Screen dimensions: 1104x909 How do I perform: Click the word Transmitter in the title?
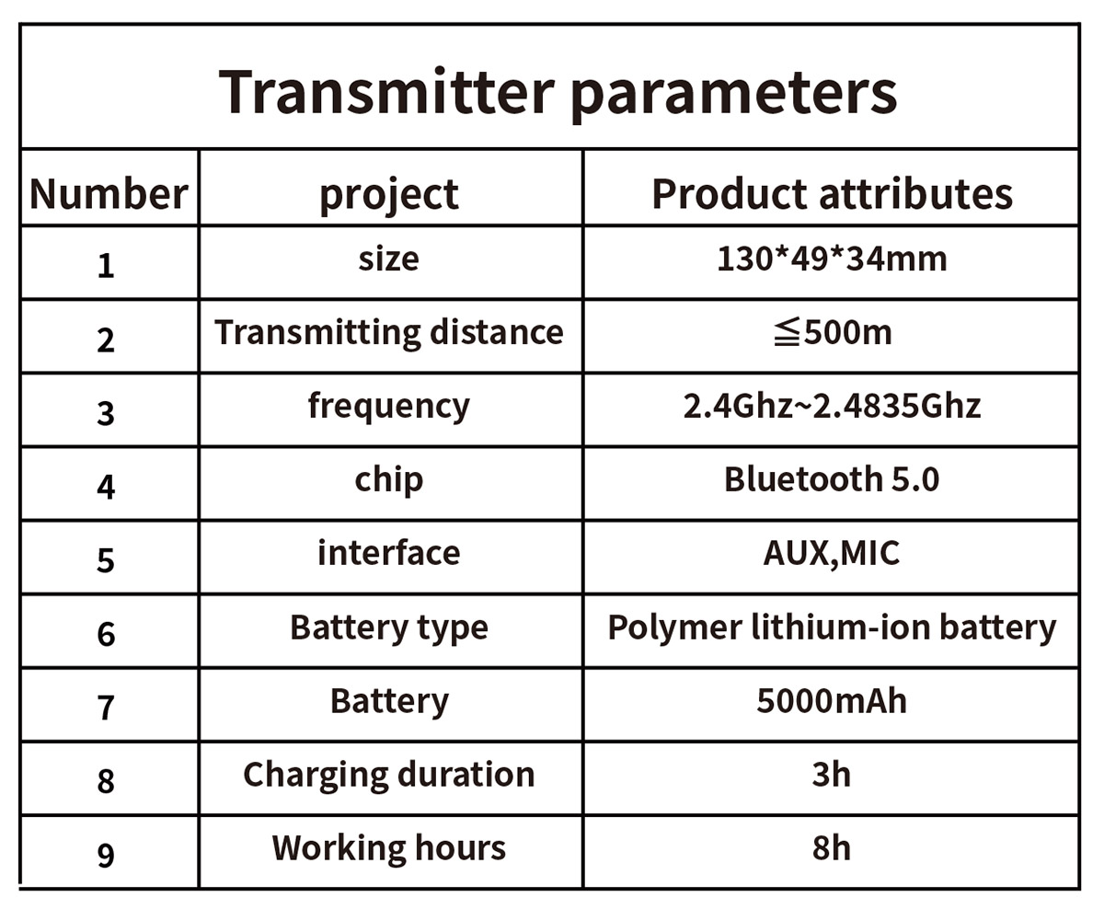(385, 91)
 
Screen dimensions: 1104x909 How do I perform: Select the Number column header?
(109, 194)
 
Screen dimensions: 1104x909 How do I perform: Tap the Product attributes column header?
(832, 194)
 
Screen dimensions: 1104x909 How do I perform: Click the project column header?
(389, 196)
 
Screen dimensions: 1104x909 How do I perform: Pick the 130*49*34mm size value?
(832, 259)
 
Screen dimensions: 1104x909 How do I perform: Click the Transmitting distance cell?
(389, 332)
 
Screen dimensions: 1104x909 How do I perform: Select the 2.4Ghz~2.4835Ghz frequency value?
(832, 406)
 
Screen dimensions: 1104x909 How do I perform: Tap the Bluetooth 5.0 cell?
(832, 479)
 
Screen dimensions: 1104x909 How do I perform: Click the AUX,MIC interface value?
(832, 554)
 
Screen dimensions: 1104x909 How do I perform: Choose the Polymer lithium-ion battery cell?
(832, 627)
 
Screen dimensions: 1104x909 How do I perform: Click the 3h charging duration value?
(832, 774)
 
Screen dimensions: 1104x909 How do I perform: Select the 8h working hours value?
(832, 847)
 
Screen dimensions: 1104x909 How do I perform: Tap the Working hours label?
(389, 847)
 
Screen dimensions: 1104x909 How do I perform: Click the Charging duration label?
(389, 775)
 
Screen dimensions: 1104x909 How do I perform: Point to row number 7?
(106, 708)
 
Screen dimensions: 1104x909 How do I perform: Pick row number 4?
(106, 487)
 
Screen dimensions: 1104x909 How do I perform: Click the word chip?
(389, 480)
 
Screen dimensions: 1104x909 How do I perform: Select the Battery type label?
(389, 628)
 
